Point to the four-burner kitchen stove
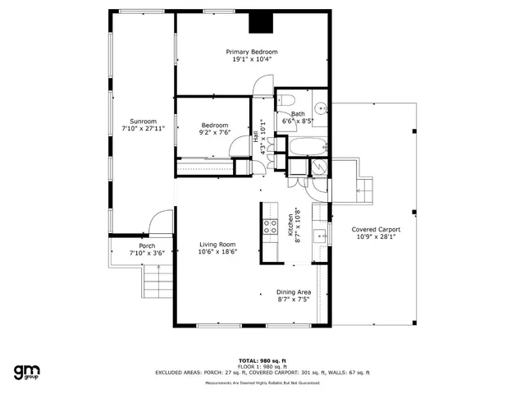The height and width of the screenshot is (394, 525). point(270,227)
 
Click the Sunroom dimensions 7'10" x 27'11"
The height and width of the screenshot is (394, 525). point(144,128)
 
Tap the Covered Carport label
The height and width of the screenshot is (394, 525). point(376,229)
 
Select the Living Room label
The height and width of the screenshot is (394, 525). point(217,245)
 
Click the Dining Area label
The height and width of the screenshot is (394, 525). point(293,292)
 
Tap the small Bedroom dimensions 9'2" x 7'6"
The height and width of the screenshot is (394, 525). point(214,132)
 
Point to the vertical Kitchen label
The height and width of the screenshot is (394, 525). point(290,222)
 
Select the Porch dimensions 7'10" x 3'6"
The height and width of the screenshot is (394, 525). point(147,253)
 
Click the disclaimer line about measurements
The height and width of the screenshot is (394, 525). point(262,382)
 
